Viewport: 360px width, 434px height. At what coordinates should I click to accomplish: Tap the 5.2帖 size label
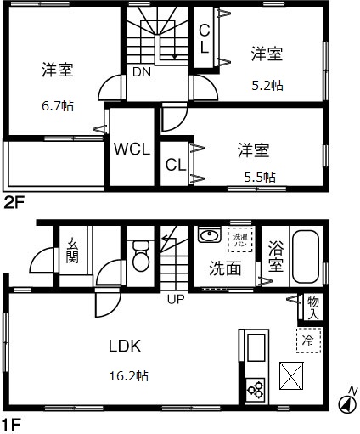point(267,86)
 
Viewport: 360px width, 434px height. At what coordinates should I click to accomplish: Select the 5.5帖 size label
point(259,177)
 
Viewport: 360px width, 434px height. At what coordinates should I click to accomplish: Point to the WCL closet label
point(132,149)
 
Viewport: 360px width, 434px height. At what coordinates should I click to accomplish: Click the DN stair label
point(141,72)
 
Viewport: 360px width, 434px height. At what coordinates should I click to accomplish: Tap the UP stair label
point(175,299)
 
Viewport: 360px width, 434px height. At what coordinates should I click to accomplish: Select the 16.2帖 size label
point(128,375)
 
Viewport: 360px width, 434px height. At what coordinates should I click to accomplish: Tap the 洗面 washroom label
point(225,268)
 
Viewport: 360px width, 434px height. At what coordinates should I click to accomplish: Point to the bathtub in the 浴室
point(305,256)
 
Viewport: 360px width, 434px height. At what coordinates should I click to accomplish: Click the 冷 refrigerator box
point(308,341)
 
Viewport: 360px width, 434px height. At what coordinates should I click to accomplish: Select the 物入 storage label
point(312,307)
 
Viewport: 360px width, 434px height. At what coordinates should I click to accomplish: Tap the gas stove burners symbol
point(256,390)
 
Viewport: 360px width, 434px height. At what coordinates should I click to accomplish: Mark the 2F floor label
point(14,202)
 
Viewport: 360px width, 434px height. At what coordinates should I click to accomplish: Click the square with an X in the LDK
point(292,374)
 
